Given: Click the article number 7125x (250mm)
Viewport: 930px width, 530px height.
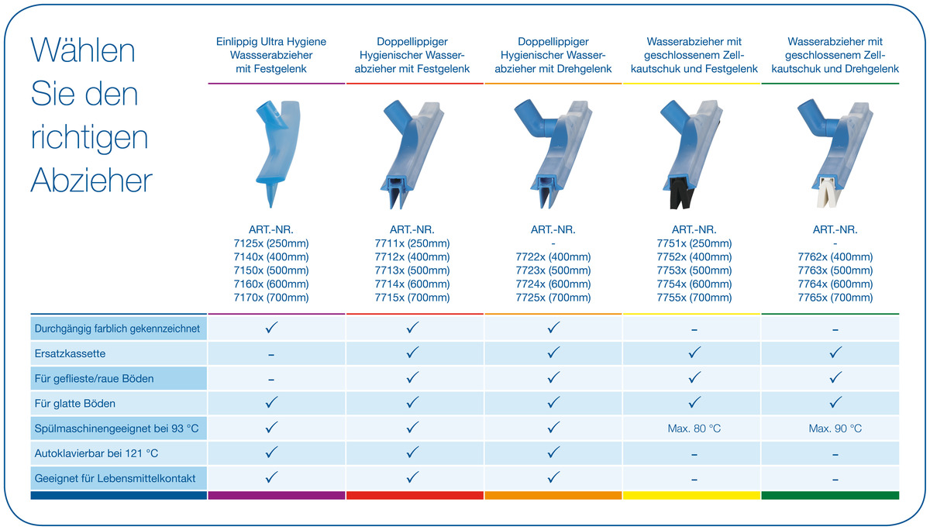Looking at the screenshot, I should pos(271,243).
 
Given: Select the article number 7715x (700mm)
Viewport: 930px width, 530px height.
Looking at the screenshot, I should pos(412,298).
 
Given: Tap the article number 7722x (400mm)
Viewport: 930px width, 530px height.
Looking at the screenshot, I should pos(553,257).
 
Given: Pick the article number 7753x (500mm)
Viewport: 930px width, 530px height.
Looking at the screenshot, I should pos(694,270).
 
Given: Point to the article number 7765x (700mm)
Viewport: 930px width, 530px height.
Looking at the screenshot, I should pos(835,298).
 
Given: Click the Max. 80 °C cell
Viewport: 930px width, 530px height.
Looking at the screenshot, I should pos(694,428).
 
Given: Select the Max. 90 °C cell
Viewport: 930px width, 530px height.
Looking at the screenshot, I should pos(835,428).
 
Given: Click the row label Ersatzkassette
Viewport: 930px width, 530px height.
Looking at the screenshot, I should pos(71,353).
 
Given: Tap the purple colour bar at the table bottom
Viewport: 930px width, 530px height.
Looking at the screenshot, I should pos(277,495).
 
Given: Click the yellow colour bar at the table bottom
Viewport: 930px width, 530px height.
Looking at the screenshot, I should pos(692,495).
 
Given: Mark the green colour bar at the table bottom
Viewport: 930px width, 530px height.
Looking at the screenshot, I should pos(830,495).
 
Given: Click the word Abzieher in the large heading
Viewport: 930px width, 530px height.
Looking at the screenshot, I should pos(91,181).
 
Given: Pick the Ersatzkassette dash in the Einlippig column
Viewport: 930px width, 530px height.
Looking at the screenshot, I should pos(271,354).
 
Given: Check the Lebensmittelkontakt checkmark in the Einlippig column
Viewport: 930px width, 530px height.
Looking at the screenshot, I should pos(271,477).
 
